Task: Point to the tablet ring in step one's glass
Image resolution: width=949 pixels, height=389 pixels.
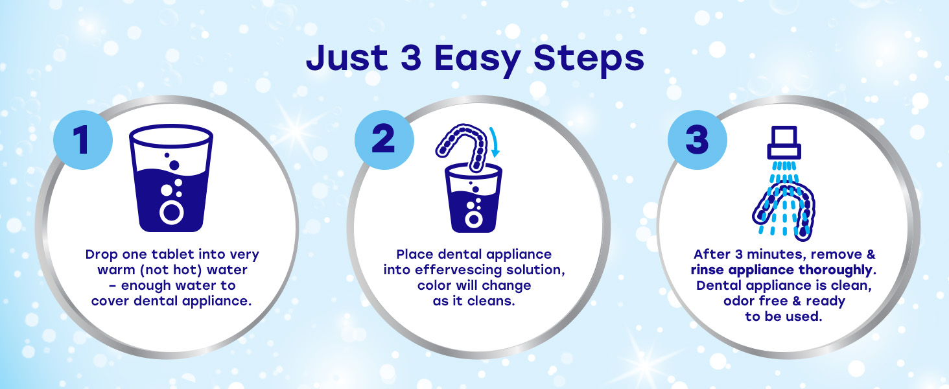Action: coord(172,212)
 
